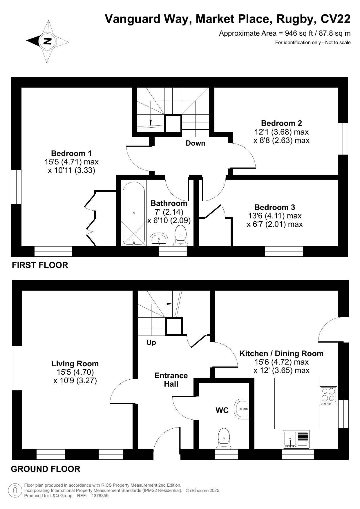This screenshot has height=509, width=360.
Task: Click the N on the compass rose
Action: (47, 41)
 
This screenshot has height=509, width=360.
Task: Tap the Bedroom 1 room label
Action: (71, 153)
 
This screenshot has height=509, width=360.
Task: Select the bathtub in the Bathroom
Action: (134, 214)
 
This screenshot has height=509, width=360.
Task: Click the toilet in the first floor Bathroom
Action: (180, 236)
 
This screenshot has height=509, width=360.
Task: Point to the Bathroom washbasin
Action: (159, 239)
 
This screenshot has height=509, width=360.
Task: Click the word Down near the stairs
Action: (196, 143)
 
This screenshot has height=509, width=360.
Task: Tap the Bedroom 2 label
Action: (281, 123)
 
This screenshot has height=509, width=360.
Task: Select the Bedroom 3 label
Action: (275, 207)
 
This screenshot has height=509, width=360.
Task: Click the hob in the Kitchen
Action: (328, 396)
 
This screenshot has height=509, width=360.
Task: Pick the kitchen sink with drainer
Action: (296, 439)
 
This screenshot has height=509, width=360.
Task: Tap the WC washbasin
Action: (242, 409)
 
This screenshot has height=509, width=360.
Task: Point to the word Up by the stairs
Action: (151, 343)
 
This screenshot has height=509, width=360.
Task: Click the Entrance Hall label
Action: (171, 380)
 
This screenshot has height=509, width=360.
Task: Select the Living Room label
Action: (75, 364)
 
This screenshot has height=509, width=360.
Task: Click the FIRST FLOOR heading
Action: (40, 265)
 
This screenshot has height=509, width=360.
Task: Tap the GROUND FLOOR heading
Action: (46, 469)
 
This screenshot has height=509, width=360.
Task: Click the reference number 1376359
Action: (100, 496)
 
